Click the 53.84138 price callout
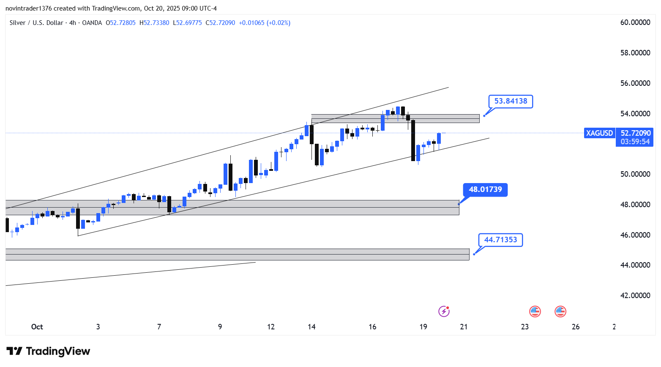coord(511,101)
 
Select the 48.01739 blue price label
coord(485,190)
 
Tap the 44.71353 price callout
coord(500,240)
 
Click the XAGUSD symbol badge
coord(599,133)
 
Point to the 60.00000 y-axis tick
coord(635,22)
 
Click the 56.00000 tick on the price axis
coord(635,83)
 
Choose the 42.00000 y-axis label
coord(635,296)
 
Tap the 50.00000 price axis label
coord(635,174)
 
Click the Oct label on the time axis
coord(37,327)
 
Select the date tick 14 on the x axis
coord(311,327)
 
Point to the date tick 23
coord(524,327)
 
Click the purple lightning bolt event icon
coord(444,312)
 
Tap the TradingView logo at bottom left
coord(49,351)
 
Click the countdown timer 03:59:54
coord(635,142)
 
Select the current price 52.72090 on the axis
coord(635,133)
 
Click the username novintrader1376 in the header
coord(29,8)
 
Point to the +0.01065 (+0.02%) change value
coord(265,23)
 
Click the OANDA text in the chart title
coord(92,23)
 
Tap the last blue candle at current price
coord(439,139)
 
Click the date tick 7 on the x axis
coord(159,327)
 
